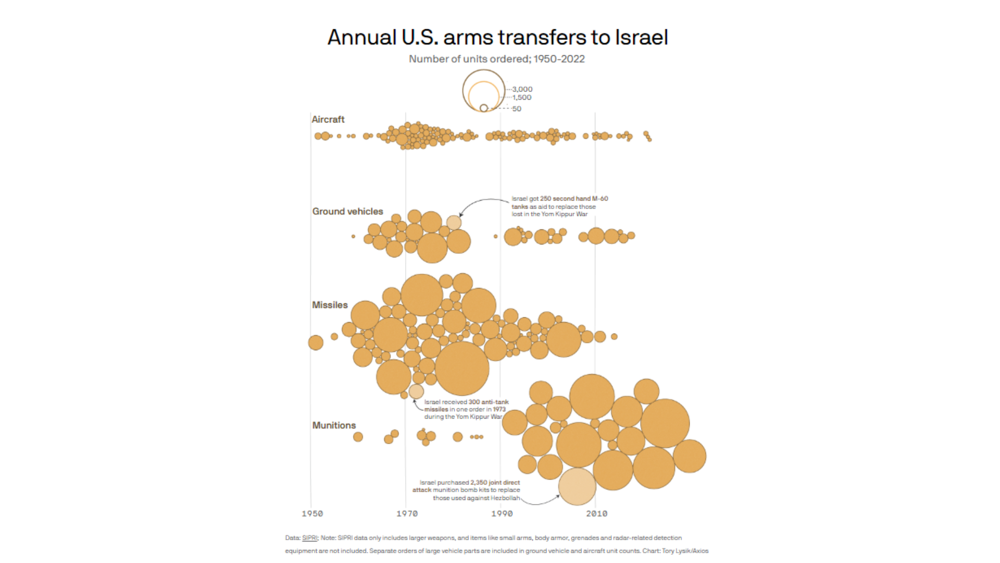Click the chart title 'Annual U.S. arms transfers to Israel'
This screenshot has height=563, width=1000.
pos(497,38)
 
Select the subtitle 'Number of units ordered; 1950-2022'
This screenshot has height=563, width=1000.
pos(496,59)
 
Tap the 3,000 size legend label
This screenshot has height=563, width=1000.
pos(522,89)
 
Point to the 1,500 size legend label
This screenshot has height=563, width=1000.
pos(521,97)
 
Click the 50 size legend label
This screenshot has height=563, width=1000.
pos(516,109)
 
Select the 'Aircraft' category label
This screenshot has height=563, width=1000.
pos(328,119)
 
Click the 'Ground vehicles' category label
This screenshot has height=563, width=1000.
pos(347,211)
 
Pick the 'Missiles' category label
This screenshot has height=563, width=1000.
pos(329,305)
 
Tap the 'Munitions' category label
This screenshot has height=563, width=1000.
pos(334,425)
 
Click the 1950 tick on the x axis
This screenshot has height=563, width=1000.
pos(312,513)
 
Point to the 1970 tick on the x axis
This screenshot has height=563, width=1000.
pos(407,513)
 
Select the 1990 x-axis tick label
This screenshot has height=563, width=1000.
pos(502,513)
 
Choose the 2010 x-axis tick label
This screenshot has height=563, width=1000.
pos(596,513)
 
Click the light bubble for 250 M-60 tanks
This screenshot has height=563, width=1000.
pos(454,223)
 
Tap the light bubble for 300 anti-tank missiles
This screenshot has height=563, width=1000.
pos(416,391)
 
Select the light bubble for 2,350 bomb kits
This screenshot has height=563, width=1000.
pos(577,486)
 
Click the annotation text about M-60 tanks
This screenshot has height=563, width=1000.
pos(559,206)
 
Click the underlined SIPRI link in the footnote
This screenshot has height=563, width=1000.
pos(309,538)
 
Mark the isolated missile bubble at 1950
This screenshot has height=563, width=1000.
pos(316,342)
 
